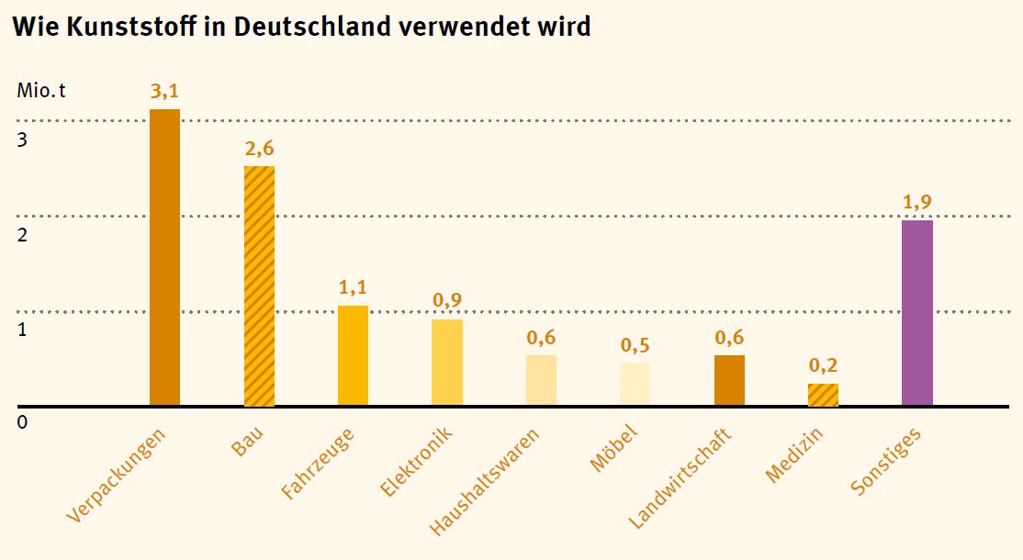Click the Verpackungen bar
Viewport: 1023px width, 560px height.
[x=164, y=257]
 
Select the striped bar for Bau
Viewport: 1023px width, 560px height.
[x=259, y=286]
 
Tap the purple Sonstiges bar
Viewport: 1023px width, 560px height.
[x=916, y=312]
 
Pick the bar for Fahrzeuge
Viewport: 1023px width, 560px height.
[x=353, y=355]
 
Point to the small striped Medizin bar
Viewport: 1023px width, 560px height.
[x=823, y=395]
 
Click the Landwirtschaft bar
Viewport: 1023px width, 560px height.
[x=729, y=380]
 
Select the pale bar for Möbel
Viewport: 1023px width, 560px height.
[x=635, y=384]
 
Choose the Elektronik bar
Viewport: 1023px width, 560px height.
[x=447, y=363]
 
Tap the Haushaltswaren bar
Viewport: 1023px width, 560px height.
[x=541, y=380]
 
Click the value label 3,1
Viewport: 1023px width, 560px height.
[x=164, y=91]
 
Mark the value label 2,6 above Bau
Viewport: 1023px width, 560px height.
[x=259, y=149]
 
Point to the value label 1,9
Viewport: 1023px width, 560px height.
[x=916, y=203]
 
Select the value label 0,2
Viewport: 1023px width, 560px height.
[x=823, y=365]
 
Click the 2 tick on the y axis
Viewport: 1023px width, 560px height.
[x=22, y=234]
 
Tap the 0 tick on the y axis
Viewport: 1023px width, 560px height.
[x=22, y=422]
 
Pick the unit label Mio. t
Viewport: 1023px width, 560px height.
[x=42, y=91]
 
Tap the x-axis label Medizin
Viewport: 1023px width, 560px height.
[x=794, y=456]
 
